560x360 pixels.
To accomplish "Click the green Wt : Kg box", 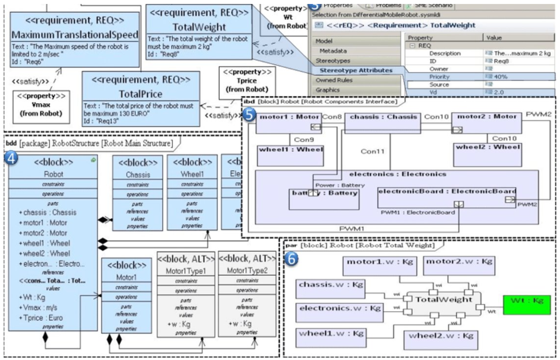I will click(527, 305).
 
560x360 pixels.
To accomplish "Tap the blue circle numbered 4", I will click(11, 158).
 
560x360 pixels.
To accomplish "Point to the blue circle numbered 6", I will click(291, 259).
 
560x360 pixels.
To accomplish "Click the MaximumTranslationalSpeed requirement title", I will click(75, 34).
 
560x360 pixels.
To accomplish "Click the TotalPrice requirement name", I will click(141, 94).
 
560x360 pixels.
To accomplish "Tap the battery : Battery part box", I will click(324, 199).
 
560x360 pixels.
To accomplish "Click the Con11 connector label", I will click(372, 151).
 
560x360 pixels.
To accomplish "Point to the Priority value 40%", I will click(500, 77).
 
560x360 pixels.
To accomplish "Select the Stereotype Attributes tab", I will click(356, 70).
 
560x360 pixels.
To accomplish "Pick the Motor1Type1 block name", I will click(186, 271).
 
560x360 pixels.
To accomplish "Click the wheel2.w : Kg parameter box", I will click(441, 339).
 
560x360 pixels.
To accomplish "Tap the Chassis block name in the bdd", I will click(138, 174).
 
